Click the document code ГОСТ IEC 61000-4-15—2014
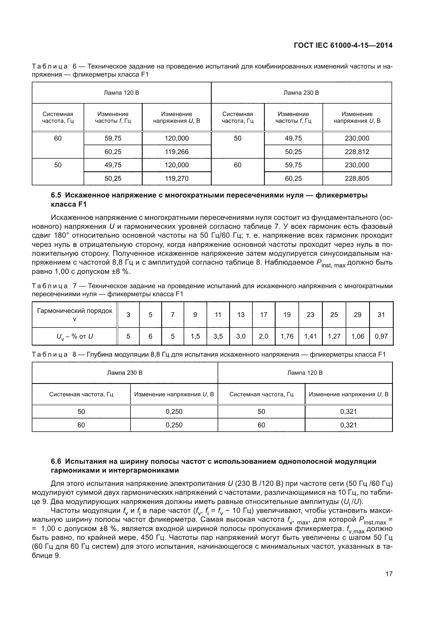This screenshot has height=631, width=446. pos(343,45)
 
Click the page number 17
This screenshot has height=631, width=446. pos(389,574)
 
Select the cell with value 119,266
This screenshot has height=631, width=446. pos(177,152)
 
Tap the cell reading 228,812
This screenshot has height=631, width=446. pos(357,152)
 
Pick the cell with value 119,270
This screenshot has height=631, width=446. pos(177,179)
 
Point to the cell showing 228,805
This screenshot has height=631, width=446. pos(357,179)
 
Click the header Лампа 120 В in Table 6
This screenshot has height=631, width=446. pos(121,93)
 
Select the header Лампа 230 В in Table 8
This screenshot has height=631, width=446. pos(125,373)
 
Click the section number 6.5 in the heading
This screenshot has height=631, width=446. pos(56,195)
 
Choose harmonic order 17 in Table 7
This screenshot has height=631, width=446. pos(264,315)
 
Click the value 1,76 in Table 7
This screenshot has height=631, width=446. pos(287,336)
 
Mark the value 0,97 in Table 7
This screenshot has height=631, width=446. pos(381,336)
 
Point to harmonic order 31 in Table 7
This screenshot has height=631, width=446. pos(381,315)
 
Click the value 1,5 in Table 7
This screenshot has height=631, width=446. pos(195,336)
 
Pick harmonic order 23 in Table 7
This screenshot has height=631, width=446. pos(310,315)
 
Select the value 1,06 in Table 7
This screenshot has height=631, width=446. pos(358,336)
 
